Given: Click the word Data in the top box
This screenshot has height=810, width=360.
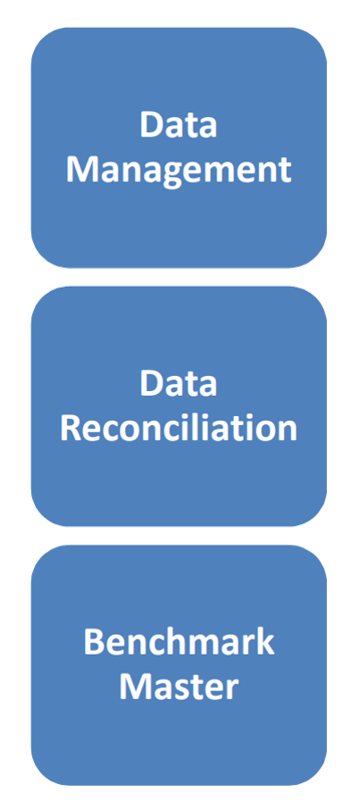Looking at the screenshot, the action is (x=179, y=126).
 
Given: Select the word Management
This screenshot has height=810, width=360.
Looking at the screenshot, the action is (x=179, y=171).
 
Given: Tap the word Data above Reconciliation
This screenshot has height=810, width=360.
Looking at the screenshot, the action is (x=179, y=384).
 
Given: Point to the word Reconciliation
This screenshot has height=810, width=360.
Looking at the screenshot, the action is (x=179, y=429).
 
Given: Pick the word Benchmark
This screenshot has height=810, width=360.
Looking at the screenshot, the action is (x=179, y=643).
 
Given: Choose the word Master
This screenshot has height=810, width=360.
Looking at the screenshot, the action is (x=179, y=688).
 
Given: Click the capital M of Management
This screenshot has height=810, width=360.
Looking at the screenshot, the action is (x=82, y=171).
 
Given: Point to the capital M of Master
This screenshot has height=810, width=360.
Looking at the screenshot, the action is (x=135, y=688).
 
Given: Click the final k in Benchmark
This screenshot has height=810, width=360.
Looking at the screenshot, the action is (x=265, y=643).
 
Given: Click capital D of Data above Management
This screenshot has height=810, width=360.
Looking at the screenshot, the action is (x=151, y=126).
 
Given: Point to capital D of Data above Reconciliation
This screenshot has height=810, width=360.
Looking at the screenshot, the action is (x=151, y=384).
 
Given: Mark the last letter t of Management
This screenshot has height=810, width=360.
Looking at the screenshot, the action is (x=285, y=173).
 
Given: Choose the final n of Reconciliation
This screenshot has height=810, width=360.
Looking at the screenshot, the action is (x=289, y=432).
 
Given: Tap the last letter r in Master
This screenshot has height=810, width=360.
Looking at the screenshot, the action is (x=232, y=691).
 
